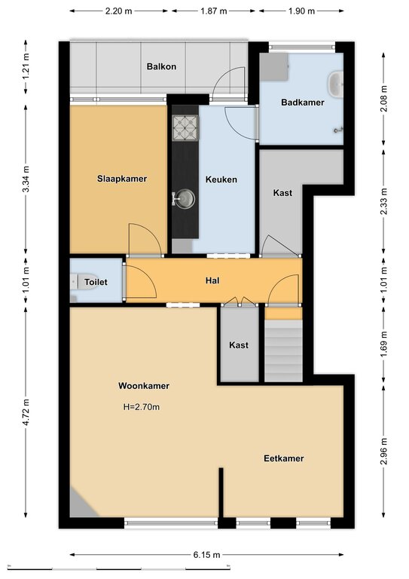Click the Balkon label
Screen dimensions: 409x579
coord(161,66)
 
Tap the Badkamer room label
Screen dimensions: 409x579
coord(302,103)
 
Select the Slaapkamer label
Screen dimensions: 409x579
coord(122,179)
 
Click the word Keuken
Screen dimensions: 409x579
coord(221,179)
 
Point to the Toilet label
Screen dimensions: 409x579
coord(96,282)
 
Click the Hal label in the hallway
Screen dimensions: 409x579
coord(212,280)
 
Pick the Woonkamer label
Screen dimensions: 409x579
coord(144,386)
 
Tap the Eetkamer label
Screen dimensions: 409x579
coord(284,458)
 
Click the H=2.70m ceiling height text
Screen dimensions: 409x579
coord(142,407)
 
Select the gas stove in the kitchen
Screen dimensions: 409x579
coord(185,128)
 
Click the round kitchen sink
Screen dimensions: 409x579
coord(185,198)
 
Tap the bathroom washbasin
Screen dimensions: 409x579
coord(335,84)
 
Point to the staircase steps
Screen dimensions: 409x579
coord(283,351)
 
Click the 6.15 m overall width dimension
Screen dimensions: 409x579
coord(206,555)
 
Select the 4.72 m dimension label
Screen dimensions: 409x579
coord(26,412)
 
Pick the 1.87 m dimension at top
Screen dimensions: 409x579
coord(213,11)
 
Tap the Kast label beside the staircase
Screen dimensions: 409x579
coord(239,345)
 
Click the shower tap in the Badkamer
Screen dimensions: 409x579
coord(338,130)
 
